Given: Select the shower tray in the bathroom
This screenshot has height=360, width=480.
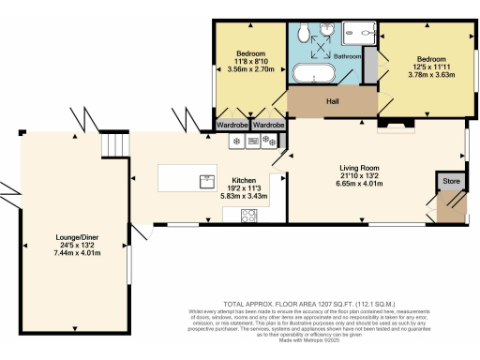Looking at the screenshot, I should (x=360, y=31).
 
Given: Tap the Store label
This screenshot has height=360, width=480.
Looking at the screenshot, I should (x=451, y=180).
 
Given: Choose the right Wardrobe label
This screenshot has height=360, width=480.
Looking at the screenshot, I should (x=269, y=125).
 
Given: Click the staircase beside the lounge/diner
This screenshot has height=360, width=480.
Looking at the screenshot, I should (x=112, y=145).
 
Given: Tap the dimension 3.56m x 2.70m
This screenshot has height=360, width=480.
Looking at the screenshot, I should (x=250, y=69).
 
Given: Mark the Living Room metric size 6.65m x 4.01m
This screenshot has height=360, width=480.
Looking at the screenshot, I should (x=362, y=185).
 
